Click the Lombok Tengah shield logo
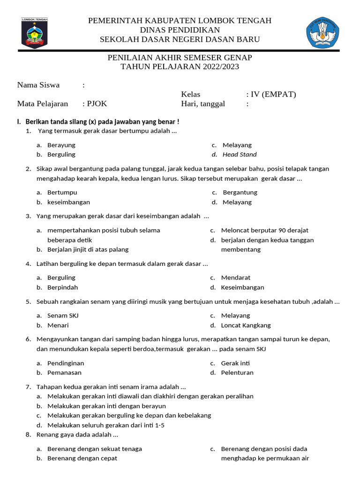click(x=35, y=33)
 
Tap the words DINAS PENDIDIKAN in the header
click(x=180, y=30)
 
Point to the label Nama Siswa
click(x=38, y=85)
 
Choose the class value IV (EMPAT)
click(x=273, y=94)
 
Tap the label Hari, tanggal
click(x=203, y=104)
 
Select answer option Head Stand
click(x=240, y=154)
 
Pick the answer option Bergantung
click(x=240, y=192)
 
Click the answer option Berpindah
click(x=63, y=287)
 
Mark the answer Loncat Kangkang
click(x=246, y=325)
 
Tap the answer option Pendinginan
click(x=66, y=363)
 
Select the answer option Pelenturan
click(x=237, y=373)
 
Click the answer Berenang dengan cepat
click(x=82, y=458)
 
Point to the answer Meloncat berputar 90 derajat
click(x=265, y=230)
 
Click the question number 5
click(x=28, y=301)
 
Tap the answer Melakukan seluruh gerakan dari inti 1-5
click(x=106, y=425)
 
